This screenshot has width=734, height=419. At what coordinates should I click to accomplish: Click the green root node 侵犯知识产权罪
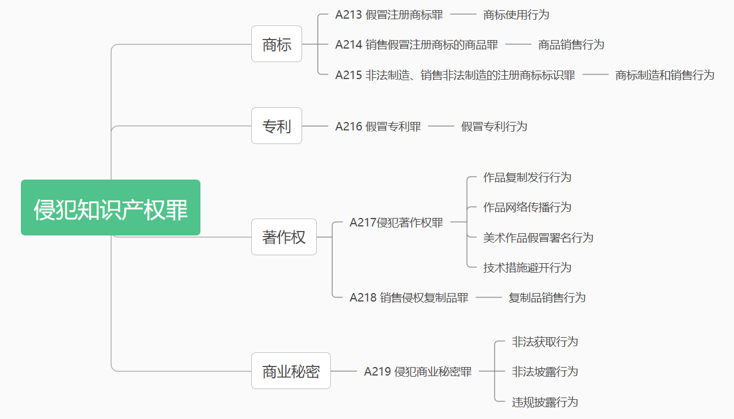[x=111, y=208]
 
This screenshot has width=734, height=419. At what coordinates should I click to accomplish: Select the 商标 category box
[x=277, y=44]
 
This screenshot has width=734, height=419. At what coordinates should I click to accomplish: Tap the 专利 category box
[x=277, y=126]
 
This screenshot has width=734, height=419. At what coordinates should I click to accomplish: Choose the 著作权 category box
[x=284, y=237]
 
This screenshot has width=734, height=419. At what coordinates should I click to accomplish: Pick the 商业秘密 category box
[x=291, y=371]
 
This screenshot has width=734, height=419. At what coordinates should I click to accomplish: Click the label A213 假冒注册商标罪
[x=389, y=15]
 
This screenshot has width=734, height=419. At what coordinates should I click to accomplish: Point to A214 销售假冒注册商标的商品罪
[x=417, y=45]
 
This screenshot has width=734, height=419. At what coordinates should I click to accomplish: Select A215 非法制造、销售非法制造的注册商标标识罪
[x=455, y=75]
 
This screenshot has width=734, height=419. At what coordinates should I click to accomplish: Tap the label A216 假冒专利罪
[x=378, y=126]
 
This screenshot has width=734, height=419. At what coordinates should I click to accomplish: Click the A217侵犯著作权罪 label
[x=396, y=222]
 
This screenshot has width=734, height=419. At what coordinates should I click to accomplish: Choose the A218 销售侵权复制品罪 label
[x=409, y=298]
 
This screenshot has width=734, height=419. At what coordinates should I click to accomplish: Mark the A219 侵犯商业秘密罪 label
[x=418, y=372]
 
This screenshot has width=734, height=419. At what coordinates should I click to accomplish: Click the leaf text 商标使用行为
[x=516, y=15]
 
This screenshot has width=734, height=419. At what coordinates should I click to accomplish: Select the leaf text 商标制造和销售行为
[x=665, y=75]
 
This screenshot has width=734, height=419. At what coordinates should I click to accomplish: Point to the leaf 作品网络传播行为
[x=527, y=207]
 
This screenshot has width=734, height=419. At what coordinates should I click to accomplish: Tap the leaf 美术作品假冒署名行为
[x=538, y=237]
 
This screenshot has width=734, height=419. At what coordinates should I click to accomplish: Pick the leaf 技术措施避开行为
[x=527, y=268]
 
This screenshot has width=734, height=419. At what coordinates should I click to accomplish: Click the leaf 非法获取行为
[x=545, y=342]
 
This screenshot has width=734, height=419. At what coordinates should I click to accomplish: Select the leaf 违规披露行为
[x=545, y=402]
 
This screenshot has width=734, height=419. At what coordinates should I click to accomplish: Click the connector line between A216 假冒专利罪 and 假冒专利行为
[x=441, y=126]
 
